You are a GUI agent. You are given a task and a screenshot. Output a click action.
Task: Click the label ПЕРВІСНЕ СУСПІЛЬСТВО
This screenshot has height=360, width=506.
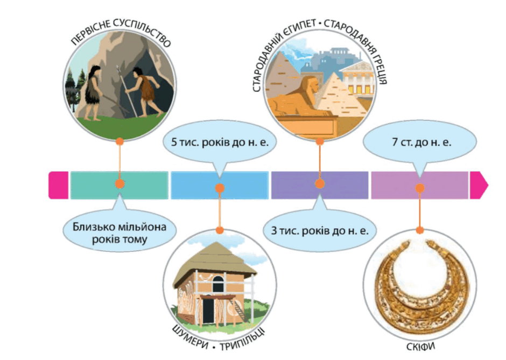121,31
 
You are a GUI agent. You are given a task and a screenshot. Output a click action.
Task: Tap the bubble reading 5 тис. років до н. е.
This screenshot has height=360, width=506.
220,142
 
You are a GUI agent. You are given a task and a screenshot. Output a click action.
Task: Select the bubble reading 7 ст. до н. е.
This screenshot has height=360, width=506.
420,142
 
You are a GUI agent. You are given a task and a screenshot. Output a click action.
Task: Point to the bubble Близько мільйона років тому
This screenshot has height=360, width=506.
120,231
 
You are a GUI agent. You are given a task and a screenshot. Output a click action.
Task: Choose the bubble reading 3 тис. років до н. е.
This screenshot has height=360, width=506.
320,230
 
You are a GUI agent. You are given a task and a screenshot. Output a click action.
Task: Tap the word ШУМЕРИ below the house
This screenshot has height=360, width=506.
191,337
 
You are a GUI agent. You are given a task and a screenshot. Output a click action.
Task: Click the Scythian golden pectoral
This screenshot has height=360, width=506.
420,286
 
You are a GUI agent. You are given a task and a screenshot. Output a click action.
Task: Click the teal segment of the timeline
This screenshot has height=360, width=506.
120,185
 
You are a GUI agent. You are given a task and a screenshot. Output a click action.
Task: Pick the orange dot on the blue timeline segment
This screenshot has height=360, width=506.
220,188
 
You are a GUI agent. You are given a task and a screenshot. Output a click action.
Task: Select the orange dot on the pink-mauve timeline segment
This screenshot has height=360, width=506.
420,188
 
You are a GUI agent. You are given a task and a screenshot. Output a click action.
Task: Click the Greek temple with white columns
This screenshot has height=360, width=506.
357,79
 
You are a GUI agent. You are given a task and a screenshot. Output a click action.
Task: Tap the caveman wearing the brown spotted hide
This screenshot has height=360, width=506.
145,91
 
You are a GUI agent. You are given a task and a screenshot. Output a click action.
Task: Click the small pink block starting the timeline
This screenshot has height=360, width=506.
59,185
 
